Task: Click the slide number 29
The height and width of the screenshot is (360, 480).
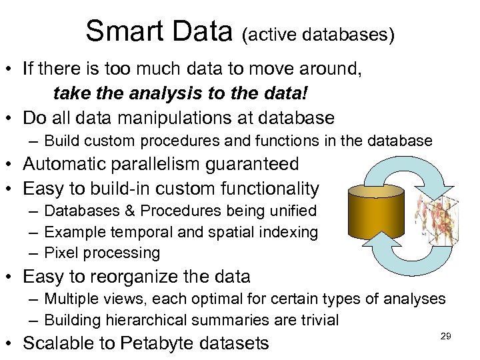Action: [x=446, y=337]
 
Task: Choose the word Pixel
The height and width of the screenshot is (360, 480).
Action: [x=61, y=253]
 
